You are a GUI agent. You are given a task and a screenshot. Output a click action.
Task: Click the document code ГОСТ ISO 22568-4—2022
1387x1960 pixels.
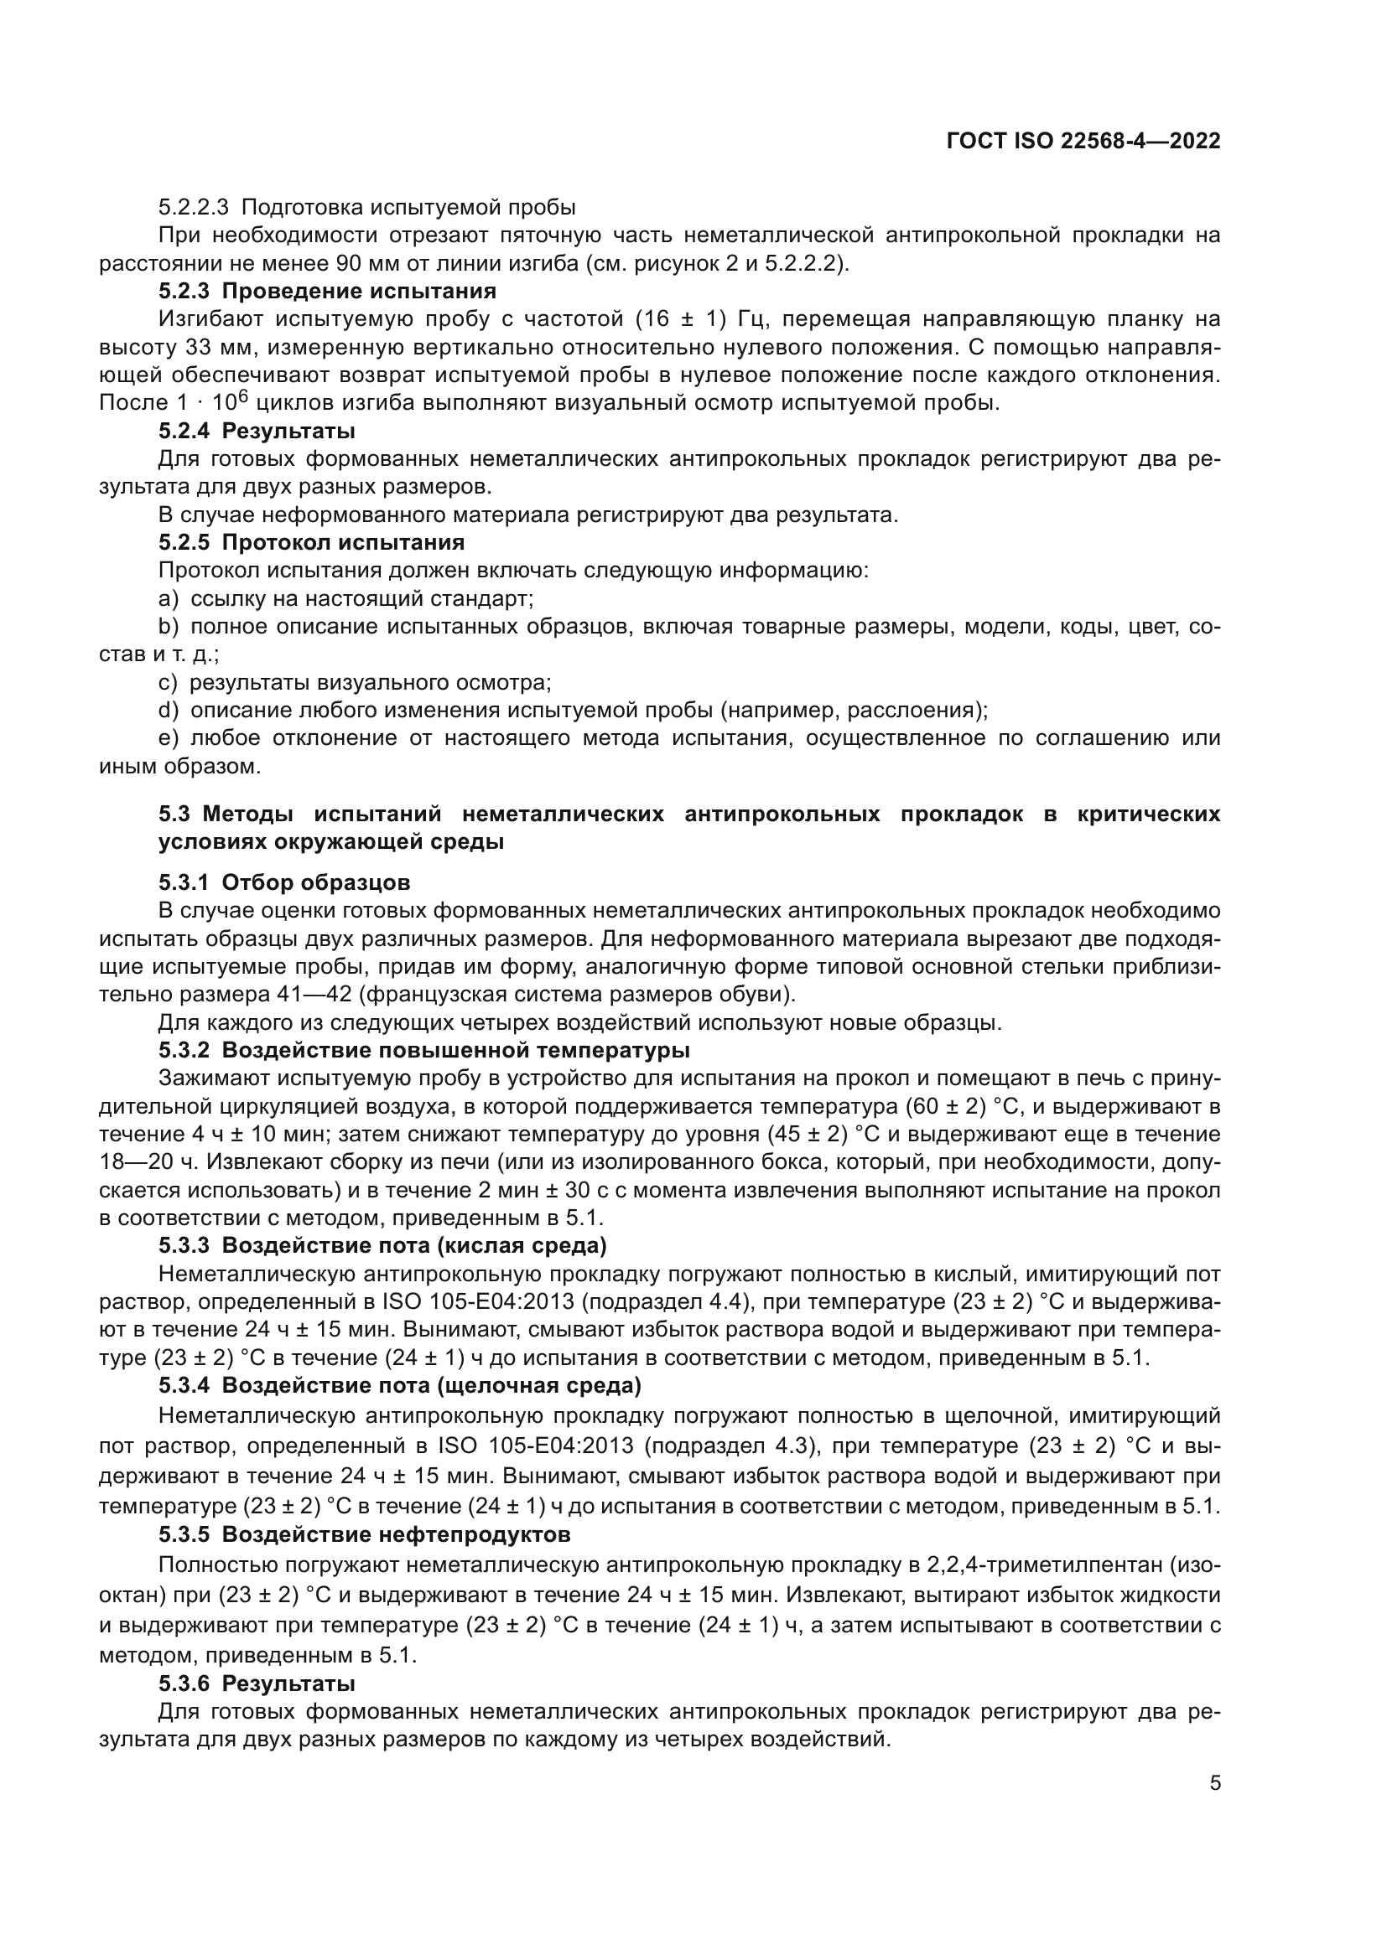point(1083,142)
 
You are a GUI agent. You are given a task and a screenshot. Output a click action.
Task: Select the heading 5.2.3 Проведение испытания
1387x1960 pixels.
point(327,291)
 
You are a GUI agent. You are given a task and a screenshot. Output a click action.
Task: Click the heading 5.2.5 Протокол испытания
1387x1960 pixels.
point(311,542)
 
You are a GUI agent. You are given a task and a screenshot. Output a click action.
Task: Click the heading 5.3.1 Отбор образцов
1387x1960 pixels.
point(283,882)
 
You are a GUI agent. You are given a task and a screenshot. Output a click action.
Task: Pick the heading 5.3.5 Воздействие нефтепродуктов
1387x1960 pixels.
point(364,1534)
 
